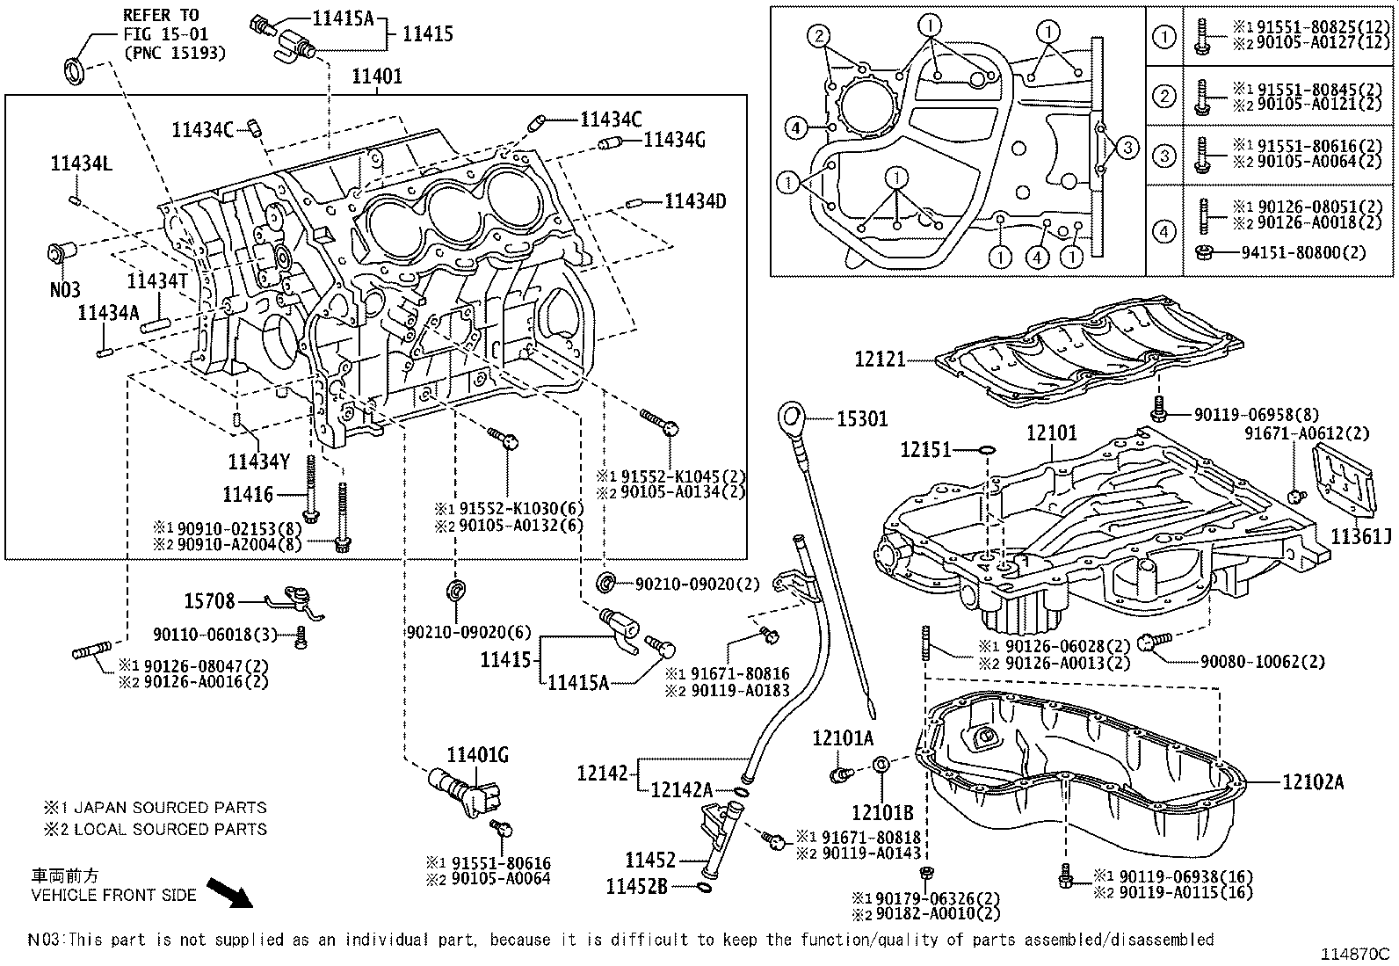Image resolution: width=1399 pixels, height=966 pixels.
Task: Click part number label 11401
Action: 377,76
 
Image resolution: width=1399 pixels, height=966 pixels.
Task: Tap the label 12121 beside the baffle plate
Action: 880,359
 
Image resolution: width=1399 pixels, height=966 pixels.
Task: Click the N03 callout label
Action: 65,289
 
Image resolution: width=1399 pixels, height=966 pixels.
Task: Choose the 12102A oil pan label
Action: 1312,781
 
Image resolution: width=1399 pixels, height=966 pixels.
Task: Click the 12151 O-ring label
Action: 925,450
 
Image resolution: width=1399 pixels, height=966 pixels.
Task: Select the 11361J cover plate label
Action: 1360,535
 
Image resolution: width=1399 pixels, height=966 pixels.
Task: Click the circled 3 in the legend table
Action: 1163,156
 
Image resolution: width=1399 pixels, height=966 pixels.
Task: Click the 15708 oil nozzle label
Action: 209,601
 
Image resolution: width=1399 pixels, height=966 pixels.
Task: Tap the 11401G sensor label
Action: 477,755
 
